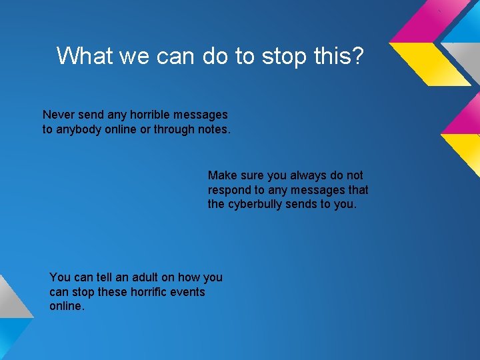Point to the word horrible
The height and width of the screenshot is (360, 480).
153,115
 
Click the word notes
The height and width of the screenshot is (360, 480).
214,129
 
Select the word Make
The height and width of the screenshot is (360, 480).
221,175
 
